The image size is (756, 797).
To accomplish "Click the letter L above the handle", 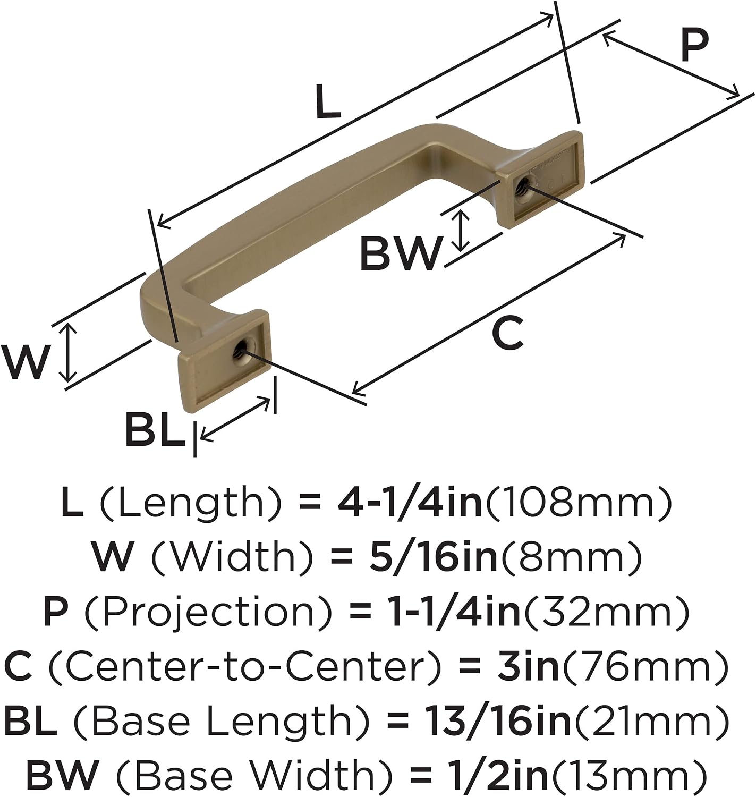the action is [328, 101].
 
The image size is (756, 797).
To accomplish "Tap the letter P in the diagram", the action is [695, 45].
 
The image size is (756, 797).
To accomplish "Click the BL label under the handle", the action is [155, 429].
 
